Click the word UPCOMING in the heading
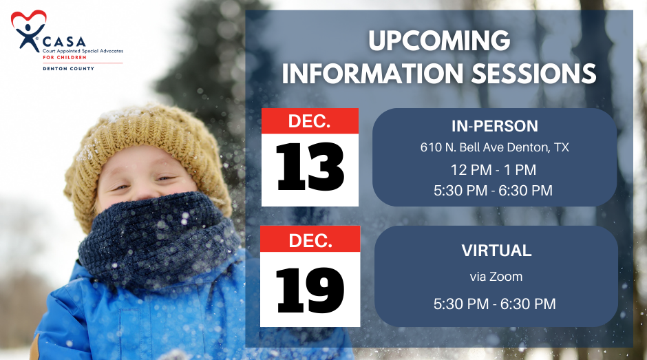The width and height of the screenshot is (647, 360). [x=439, y=41]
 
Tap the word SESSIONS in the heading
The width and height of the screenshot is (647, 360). [x=533, y=74]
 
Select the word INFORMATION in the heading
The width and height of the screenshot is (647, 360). [x=372, y=74]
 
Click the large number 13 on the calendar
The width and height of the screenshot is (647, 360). [x=310, y=167]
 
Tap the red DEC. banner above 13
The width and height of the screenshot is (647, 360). [x=310, y=121]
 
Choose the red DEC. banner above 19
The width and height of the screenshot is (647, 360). [x=310, y=240]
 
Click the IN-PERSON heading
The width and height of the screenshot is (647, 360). [x=494, y=127]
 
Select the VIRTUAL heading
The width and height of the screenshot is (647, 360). [x=496, y=251]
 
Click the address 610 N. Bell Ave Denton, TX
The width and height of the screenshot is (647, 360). [x=494, y=147]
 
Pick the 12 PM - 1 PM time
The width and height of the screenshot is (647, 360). [x=493, y=170]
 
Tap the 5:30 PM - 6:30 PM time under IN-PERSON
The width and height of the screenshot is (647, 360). [x=493, y=190]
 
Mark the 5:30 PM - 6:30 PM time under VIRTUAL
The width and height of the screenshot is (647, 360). [x=494, y=304]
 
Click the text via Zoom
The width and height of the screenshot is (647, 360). [x=496, y=276]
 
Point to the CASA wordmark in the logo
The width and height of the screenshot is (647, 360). [x=65, y=42]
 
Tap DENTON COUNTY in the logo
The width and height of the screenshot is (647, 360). [x=69, y=69]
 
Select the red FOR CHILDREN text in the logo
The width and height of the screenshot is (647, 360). [x=65, y=57]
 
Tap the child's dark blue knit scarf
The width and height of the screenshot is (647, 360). [x=159, y=240]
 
